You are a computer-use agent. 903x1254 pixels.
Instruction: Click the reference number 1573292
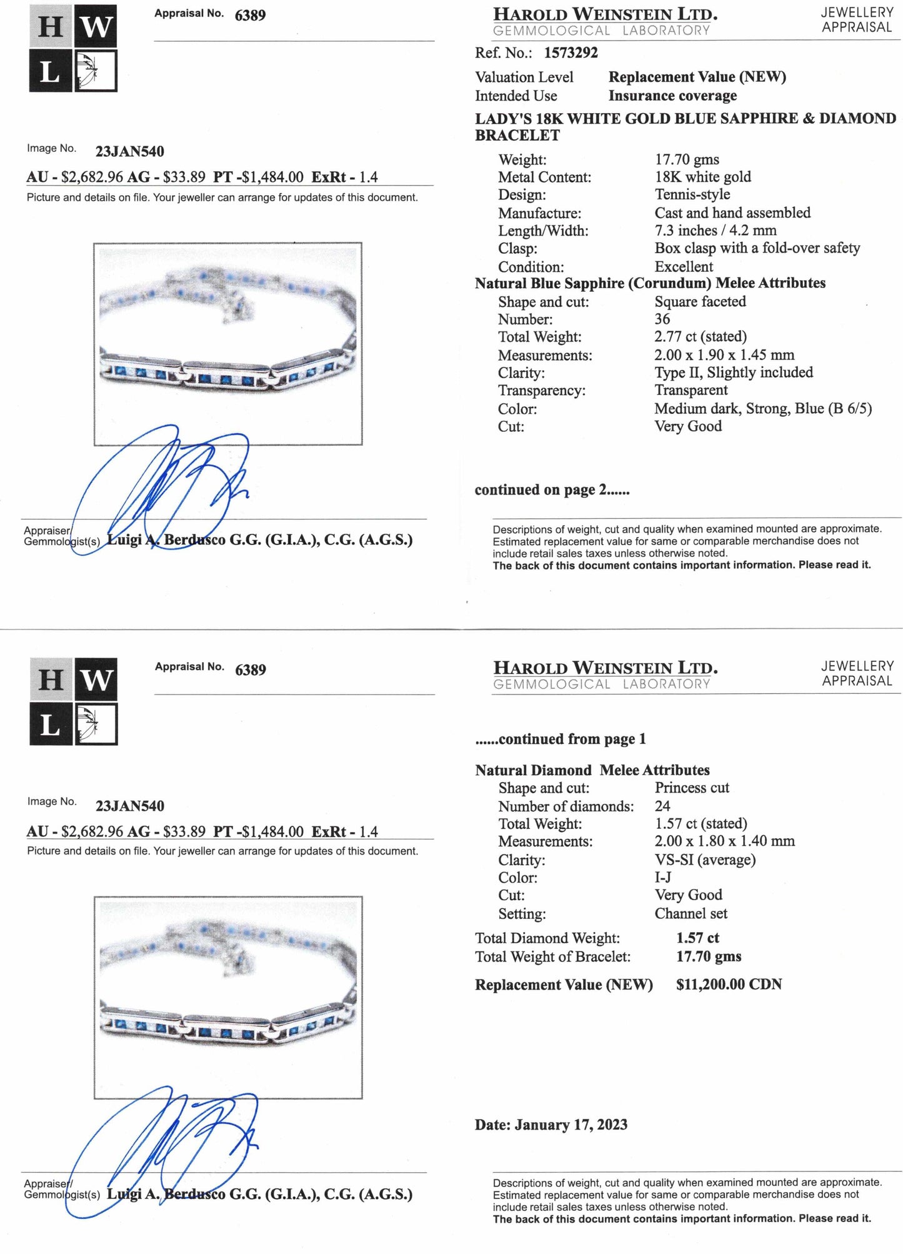[571, 53]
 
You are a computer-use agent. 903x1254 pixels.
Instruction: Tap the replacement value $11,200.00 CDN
[729, 985]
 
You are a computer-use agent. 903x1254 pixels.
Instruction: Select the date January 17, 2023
[571, 1125]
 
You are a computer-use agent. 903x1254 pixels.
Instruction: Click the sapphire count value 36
[662, 319]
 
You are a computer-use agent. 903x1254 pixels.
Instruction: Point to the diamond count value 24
[662, 806]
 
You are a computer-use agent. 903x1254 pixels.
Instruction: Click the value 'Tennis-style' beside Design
[692, 195]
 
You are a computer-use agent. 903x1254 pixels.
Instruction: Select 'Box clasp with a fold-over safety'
[757, 248]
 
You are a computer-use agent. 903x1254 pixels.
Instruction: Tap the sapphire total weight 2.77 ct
[701, 337]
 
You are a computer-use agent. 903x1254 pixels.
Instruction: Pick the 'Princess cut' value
[692, 788]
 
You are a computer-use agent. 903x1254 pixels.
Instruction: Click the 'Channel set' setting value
[691, 913]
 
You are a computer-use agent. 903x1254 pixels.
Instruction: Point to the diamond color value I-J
[663, 877]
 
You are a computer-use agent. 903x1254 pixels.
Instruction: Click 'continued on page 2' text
[552, 490]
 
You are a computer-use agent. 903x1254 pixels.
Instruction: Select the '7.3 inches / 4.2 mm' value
[716, 231]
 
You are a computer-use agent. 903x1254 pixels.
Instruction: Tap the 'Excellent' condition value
[684, 266]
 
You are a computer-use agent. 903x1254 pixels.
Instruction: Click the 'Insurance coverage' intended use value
[672, 96]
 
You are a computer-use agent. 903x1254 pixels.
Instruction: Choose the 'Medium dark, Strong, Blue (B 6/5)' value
[762, 409]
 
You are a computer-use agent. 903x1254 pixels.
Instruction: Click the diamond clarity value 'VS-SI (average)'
[705, 860]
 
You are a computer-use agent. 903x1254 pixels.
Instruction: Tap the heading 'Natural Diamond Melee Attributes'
[592, 770]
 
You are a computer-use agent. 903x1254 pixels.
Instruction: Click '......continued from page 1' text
[560, 740]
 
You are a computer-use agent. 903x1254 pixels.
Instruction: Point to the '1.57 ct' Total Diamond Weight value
[697, 938]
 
